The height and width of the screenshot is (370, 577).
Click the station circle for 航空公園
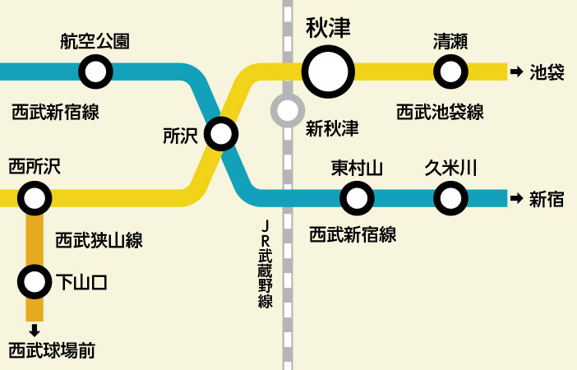click(95, 72)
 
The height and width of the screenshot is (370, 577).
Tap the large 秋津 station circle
click(328, 72)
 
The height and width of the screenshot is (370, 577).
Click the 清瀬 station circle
click(450, 72)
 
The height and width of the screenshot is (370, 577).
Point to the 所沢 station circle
click(220, 134)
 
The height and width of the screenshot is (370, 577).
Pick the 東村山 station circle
click(357, 197)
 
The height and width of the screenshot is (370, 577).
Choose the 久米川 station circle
click(450, 197)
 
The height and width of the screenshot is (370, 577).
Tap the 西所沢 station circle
click(35, 197)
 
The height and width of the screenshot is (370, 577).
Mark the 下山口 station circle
click(34, 283)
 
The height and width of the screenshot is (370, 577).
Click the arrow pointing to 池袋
click(516, 72)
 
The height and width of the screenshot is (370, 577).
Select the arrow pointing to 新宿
click(516, 198)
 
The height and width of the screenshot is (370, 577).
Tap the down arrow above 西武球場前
click(34, 331)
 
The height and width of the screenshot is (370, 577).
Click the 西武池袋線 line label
click(440, 112)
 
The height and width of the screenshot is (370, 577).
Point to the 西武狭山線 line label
click(99, 240)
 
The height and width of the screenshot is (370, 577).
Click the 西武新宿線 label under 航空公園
click(56, 112)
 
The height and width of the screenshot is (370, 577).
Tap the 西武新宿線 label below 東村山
click(353, 234)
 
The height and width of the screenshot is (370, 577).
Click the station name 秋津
click(328, 29)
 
